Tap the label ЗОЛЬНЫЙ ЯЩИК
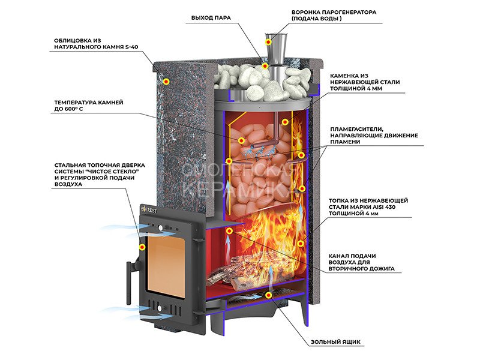335,343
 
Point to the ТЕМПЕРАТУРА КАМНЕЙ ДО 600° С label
88,106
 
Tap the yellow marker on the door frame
142,247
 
